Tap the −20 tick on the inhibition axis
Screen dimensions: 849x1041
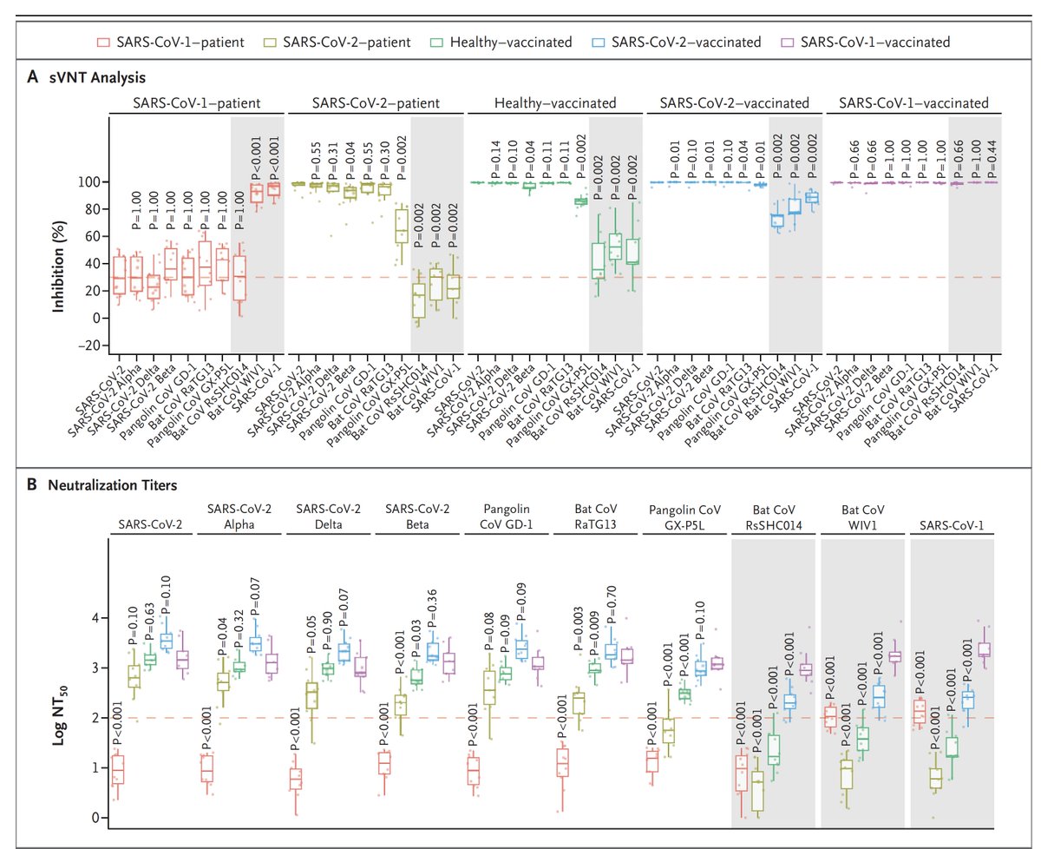click(88, 346)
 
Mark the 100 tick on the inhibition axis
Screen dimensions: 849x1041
click(88, 182)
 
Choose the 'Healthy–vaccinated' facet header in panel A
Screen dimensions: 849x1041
click(555, 103)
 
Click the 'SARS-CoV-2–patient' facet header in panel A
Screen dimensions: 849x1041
click(376, 103)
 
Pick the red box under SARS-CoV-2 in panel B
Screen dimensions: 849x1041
click(118, 769)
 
